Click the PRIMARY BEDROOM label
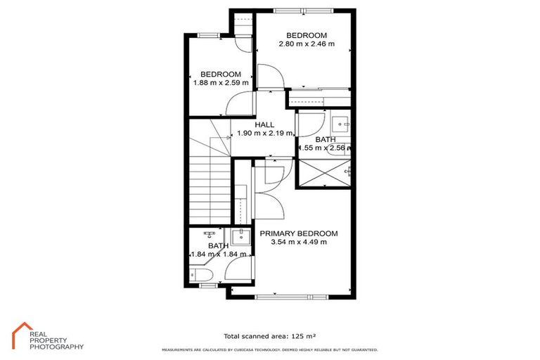click(x=299, y=233)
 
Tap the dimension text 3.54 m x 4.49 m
click(x=299, y=243)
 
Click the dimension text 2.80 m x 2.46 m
click(x=307, y=44)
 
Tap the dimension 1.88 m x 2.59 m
click(x=221, y=83)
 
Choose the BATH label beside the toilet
click(x=218, y=245)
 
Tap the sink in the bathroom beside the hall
click(x=342, y=124)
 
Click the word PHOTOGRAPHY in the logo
click(x=56, y=347)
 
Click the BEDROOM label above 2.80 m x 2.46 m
click(x=307, y=35)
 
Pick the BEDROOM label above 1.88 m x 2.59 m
click(x=221, y=74)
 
